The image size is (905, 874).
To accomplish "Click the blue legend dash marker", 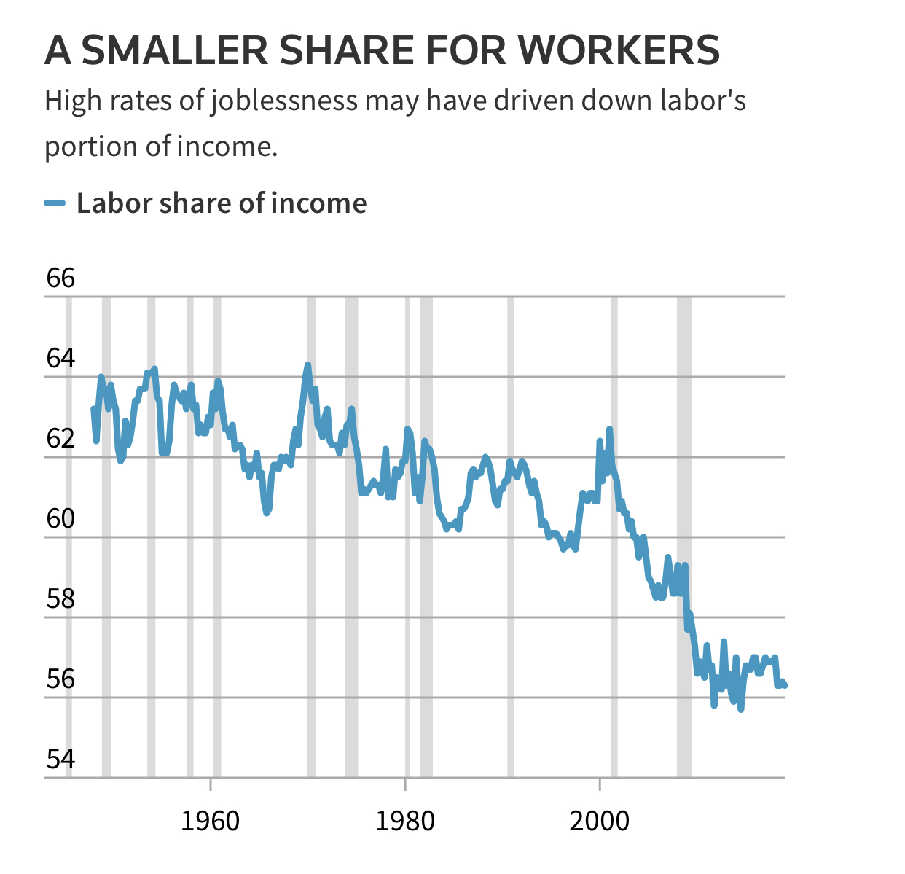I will tap(55, 203).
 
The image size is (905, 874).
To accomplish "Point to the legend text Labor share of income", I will tap(222, 203).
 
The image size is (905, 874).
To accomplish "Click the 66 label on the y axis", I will tap(60, 278).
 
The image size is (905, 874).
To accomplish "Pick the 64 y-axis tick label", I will tap(60, 359).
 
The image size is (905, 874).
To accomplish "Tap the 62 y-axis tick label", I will tap(60, 439).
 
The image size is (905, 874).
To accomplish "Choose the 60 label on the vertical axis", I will tap(60, 519).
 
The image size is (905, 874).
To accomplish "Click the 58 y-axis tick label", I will tap(60, 599).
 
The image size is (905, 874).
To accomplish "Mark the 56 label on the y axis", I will tap(60, 679).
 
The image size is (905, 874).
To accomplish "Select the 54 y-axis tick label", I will tap(60, 760).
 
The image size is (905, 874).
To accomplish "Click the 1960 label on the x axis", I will tap(210, 822).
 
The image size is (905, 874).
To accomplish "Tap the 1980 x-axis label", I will tap(404, 822).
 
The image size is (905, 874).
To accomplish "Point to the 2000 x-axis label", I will tap(599, 822).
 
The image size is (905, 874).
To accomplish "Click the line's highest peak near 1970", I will tap(307, 364).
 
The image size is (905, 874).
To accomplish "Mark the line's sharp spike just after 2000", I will tap(609, 429).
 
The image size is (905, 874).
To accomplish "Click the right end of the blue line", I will tap(785, 685).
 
